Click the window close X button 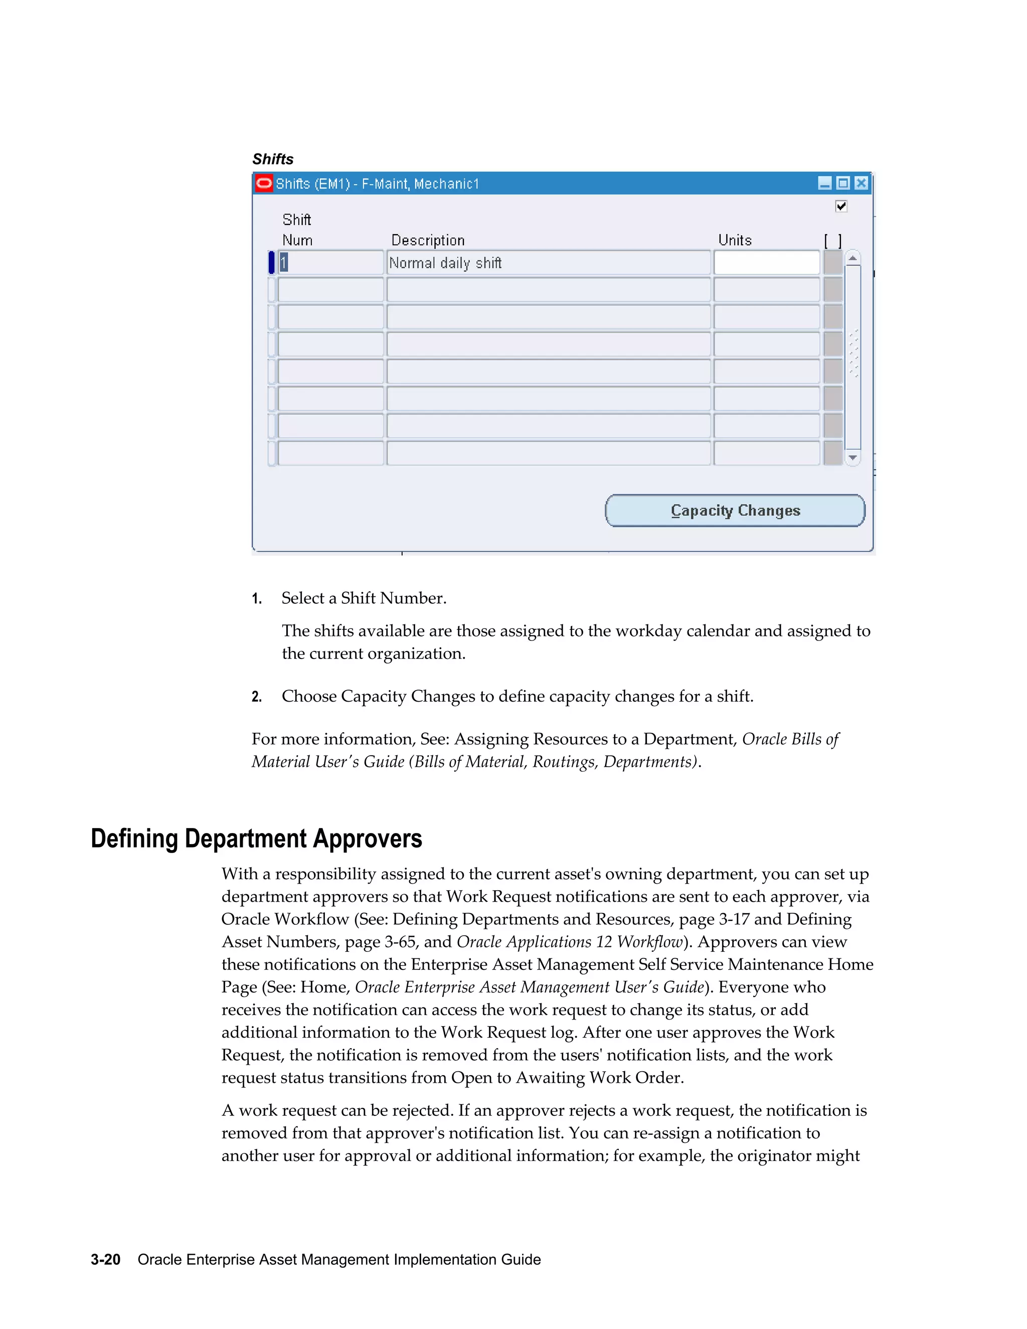click(x=861, y=183)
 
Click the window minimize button click(x=824, y=183)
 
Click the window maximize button click(x=842, y=183)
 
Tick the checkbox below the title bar click(x=841, y=206)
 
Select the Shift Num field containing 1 click(x=330, y=263)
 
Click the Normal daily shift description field click(x=548, y=263)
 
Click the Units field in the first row click(x=766, y=263)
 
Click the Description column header click(x=428, y=240)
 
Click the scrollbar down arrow click(x=853, y=457)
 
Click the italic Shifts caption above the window click(x=273, y=159)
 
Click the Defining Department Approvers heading click(x=256, y=839)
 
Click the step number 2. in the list click(x=257, y=697)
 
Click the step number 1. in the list click(x=257, y=599)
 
